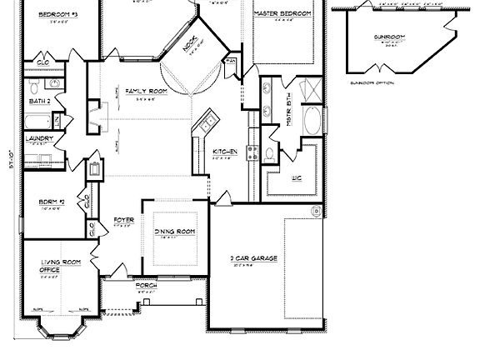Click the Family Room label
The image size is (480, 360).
pos(142,90)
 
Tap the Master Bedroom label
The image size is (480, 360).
pos(283,14)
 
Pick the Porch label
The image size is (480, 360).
pos(147,286)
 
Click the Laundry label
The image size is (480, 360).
pos(40,138)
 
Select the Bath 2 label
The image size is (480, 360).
pos(40,102)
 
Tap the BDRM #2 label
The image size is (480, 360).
pos(47,202)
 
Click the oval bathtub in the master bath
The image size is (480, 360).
pos(311,122)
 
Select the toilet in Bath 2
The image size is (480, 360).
pos(31,87)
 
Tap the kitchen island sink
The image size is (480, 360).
pos(204,125)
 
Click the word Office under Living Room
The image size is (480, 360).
pos(50,270)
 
